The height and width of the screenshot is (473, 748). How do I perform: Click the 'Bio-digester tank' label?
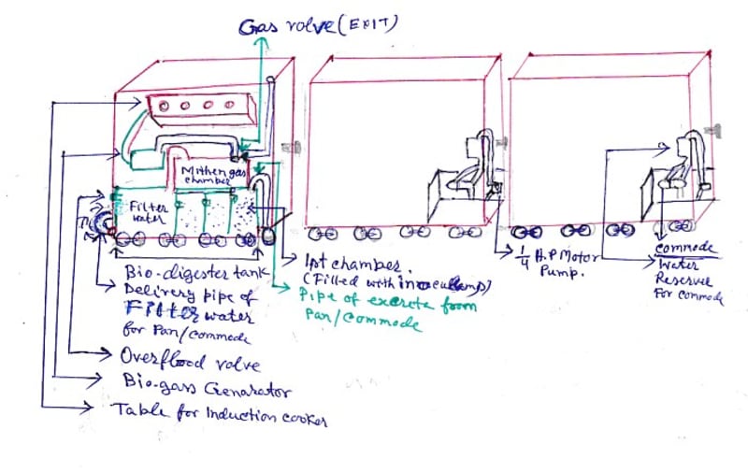196,273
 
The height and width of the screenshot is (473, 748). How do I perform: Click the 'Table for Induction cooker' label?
220,412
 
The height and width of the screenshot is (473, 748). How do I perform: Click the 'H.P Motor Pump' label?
556,263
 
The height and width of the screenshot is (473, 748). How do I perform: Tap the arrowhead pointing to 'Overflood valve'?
104,356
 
